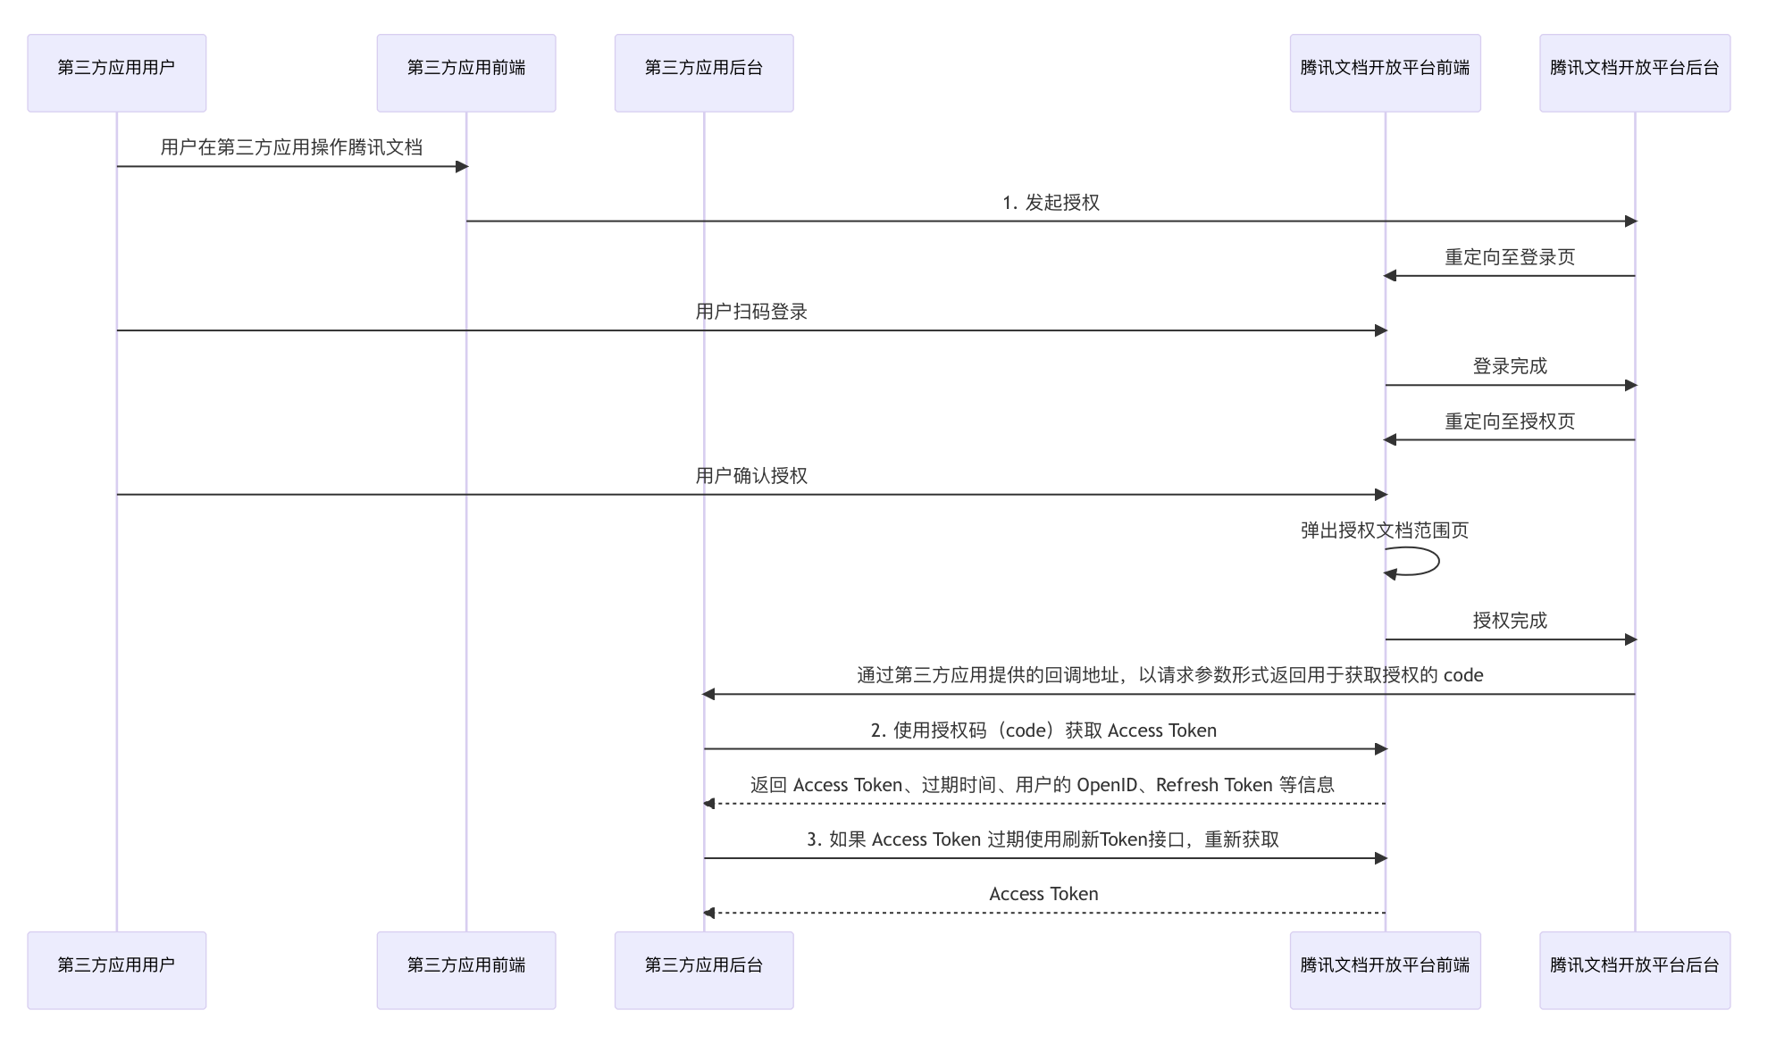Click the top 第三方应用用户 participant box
pyautogui.click(x=116, y=72)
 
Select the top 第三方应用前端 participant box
pyautogui.click(x=465, y=72)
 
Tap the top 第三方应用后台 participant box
pyautogui.click(x=703, y=72)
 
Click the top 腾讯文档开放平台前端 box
pyautogui.click(x=1385, y=72)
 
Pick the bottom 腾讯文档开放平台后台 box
pyautogui.click(x=1634, y=970)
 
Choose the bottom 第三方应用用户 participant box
pyautogui.click(x=116, y=970)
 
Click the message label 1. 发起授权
pyautogui.click(x=1051, y=203)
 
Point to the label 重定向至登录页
pyautogui.click(x=1510, y=257)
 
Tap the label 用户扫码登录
pyautogui.click(x=751, y=312)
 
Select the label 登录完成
pyautogui.click(x=1510, y=366)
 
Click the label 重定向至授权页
pyautogui.click(x=1510, y=422)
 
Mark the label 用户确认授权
pyautogui.click(x=751, y=476)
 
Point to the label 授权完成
pyautogui.click(x=1510, y=621)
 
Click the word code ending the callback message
pyautogui.click(x=1462, y=675)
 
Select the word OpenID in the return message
pyautogui.click(x=1107, y=785)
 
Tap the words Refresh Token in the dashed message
pyautogui.click(x=1213, y=785)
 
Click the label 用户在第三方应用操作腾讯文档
pyautogui.click(x=291, y=147)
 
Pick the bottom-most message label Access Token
pyautogui.click(x=1043, y=894)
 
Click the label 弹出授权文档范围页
pyautogui.click(x=1385, y=530)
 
